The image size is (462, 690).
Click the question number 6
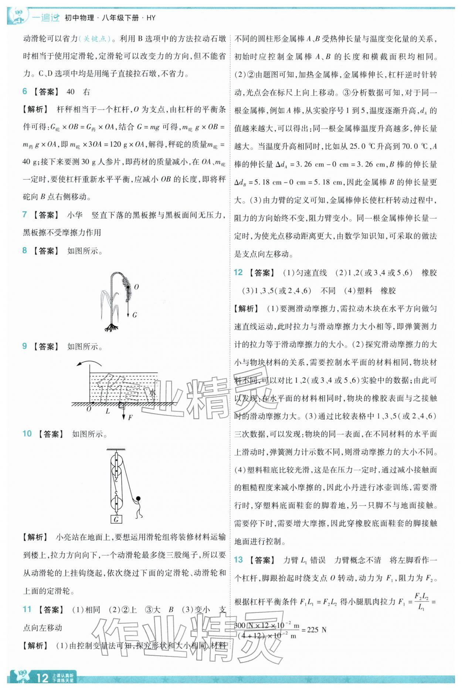coord(25,92)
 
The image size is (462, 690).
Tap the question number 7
coord(25,214)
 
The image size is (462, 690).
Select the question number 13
coord(238,560)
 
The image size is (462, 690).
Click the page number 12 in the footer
coord(43,677)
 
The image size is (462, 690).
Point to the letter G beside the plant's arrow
coord(135,315)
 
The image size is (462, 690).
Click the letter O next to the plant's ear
coord(136,287)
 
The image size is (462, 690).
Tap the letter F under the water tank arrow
coord(130,417)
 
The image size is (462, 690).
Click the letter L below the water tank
coord(108,411)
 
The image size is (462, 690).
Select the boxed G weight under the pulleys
coord(116,520)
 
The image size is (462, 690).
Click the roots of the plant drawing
coord(111,327)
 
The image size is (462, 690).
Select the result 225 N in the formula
coord(317,629)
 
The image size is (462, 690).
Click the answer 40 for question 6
coord(71,92)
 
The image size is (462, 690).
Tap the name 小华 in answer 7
coord(75,214)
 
